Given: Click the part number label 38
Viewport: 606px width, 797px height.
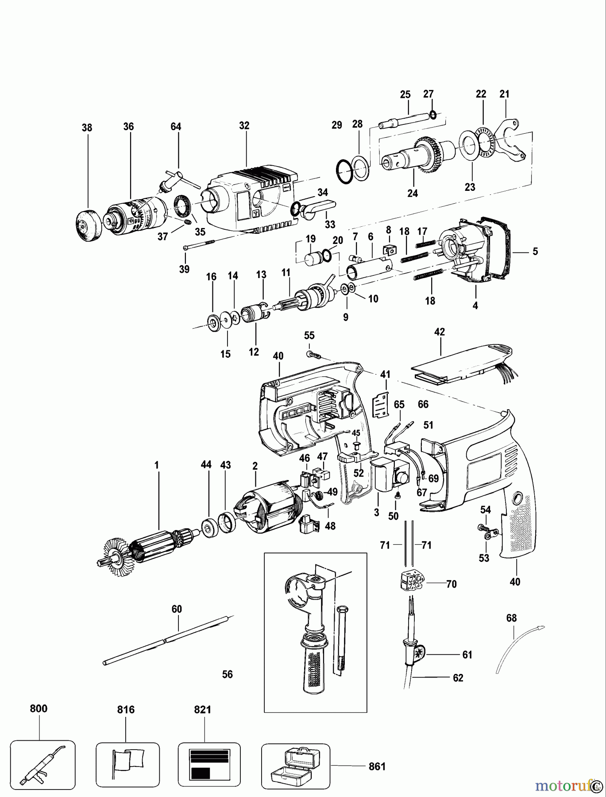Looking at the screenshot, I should [x=87, y=128].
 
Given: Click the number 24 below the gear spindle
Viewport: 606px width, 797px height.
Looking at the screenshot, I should [x=413, y=193].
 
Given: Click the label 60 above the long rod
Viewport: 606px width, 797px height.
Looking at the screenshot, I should [x=177, y=609].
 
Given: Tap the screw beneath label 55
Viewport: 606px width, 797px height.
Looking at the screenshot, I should [x=313, y=355].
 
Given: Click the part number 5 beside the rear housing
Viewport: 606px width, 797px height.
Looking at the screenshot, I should [x=535, y=251].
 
